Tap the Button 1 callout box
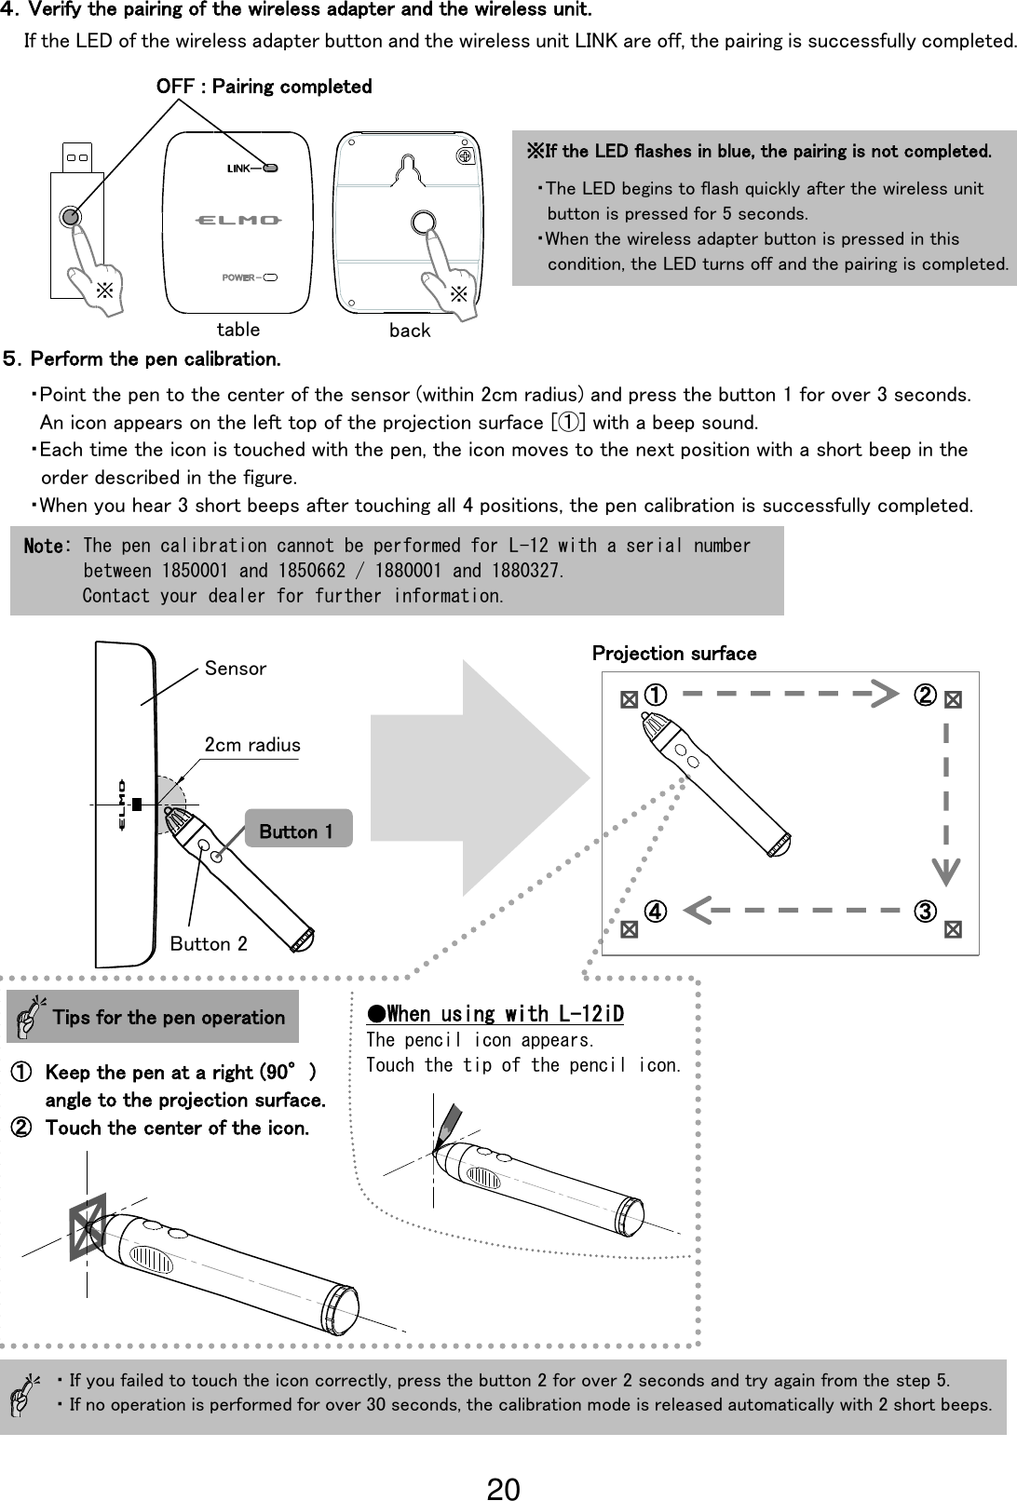(x=297, y=831)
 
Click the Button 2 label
(x=209, y=944)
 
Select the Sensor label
(x=235, y=669)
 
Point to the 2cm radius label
(x=252, y=745)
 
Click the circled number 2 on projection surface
(x=924, y=695)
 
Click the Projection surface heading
(x=674, y=654)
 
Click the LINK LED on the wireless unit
(x=270, y=169)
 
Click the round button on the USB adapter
(x=70, y=217)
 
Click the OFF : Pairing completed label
(x=264, y=87)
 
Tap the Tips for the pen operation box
(x=153, y=1017)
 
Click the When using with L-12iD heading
(x=495, y=1013)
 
